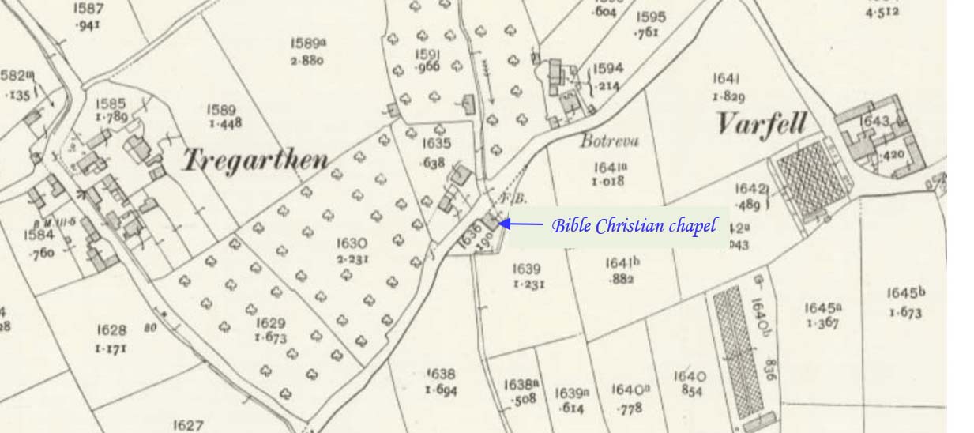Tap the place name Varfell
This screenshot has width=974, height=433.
click(762, 124)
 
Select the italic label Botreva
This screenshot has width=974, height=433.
click(609, 142)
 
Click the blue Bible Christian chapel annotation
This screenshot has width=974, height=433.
click(634, 226)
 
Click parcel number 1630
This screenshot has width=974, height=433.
click(352, 243)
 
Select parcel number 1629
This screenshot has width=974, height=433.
click(270, 324)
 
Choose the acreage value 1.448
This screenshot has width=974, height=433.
click(225, 124)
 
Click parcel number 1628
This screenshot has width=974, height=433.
click(112, 329)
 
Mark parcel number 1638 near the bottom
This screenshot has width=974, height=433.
click(440, 374)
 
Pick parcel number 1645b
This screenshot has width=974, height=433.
click(905, 294)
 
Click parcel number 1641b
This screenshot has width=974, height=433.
click(622, 263)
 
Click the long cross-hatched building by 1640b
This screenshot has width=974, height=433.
click(731, 352)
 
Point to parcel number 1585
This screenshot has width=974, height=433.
click(111, 104)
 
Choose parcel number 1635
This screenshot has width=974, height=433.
click(437, 143)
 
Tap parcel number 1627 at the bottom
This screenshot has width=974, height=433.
click(188, 426)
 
